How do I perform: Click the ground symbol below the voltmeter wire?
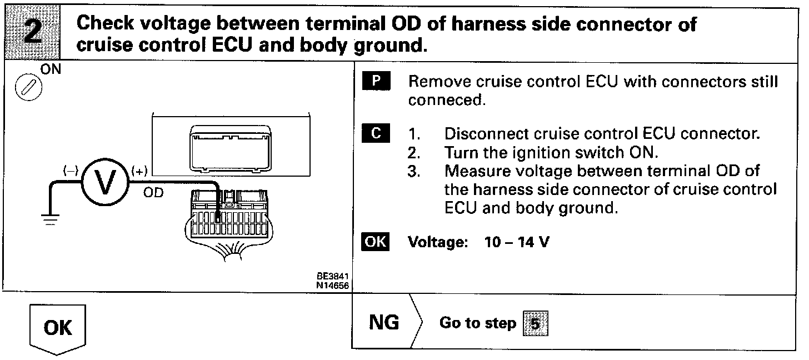tap(51, 219)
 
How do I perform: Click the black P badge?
tap(376, 82)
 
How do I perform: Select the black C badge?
tap(376, 134)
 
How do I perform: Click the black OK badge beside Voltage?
tap(376, 243)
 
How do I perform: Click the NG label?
tap(384, 323)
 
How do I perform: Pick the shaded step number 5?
tap(535, 323)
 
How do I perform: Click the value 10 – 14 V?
tap(517, 243)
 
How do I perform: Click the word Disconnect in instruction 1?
tap(487, 134)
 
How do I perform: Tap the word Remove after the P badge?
tap(439, 82)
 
